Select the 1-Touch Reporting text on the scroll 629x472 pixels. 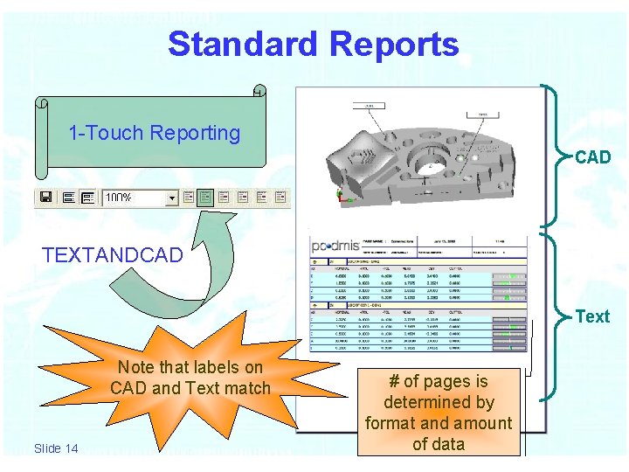pos(154,133)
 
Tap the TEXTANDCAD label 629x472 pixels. pos(113,255)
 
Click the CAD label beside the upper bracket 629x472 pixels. pos(592,157)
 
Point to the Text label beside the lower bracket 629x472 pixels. pos(592,316)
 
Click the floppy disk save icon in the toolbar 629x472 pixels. pos(45,198)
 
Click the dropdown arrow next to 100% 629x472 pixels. pos(171,198)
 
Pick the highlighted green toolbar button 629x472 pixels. pos(205,198)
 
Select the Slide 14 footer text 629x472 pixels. pos(56,448)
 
